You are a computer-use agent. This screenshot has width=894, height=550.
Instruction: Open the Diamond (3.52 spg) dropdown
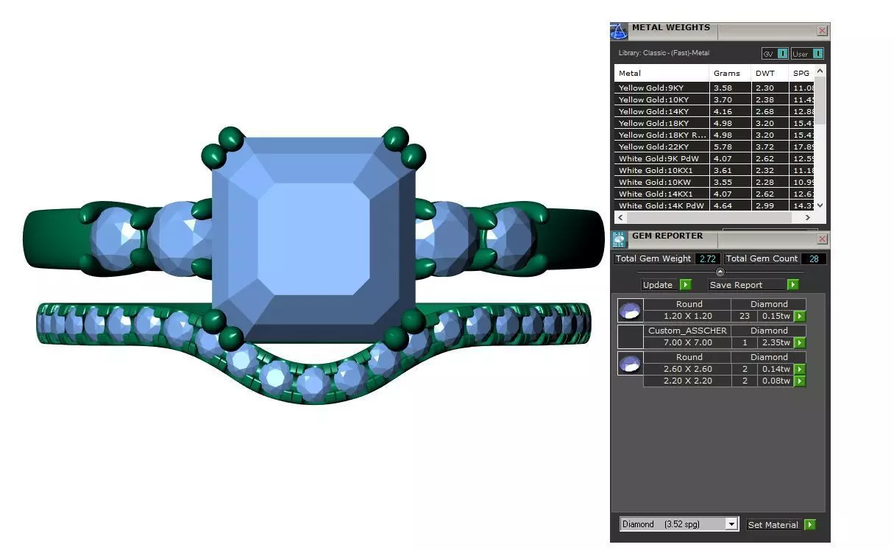(x=731, y=524)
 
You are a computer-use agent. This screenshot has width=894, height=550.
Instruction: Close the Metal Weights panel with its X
(x=822, y=31)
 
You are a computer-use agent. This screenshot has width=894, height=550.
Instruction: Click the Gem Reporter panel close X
(x=822, y=240)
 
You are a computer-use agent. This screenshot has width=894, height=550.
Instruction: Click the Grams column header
(x=726, y=73)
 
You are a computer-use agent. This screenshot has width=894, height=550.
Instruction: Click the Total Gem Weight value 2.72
(x=708, y=258)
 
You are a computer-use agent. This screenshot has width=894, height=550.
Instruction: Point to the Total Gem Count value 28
(x=814, y=258)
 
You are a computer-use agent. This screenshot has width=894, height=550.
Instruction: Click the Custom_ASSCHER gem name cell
(x=687, y=331)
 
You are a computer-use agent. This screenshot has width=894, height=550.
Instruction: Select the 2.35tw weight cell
(x=775, y=342)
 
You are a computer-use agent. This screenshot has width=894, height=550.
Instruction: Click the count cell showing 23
(x=743, y=316)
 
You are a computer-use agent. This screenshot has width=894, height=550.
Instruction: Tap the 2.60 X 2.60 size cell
(x=687, y=369)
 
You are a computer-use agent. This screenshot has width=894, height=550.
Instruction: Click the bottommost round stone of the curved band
(x=313, y=382)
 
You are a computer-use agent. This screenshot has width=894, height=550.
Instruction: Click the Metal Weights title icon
(x=619, y=31)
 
